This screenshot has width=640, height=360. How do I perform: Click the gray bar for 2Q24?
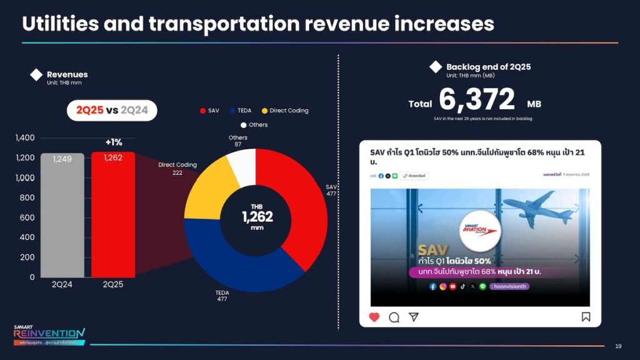[62, 215]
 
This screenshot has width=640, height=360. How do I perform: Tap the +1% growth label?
[113, 142]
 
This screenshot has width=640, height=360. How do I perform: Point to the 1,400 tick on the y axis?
[25, 137]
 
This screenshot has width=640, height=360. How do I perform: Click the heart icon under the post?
[374, 317]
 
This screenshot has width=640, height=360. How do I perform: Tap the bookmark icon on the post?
[586, 317]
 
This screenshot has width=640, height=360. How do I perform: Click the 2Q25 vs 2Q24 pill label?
[112, 111]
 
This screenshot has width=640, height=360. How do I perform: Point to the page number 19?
[618, 346]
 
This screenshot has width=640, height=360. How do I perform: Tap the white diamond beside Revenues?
[36, 76]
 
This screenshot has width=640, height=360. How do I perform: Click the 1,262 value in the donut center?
[257, 217]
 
